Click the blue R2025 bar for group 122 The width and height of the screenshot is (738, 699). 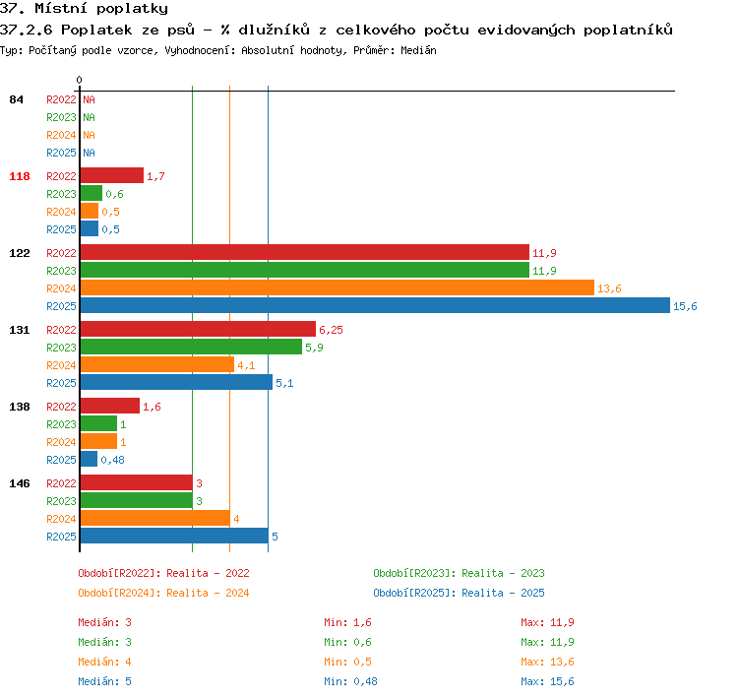[375, 305]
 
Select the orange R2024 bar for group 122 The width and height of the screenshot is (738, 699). [338, 287]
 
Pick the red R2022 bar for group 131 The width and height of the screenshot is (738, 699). [198, 329]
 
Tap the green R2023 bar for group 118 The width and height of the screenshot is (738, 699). [92, 193]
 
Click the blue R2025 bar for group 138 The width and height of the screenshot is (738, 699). [89, 459]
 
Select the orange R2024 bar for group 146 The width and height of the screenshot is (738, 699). [155, 518]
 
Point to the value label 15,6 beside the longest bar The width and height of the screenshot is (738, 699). [685, 306]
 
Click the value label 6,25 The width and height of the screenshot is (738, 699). [331, 330]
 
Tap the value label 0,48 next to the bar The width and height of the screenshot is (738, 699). [112, 460]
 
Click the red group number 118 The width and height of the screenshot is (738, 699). [20, 176]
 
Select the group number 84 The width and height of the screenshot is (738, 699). [16, 99]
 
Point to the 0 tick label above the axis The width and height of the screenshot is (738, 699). [79, 80]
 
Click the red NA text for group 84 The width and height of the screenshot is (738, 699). [89, 99]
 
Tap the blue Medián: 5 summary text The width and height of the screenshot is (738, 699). [105, 681]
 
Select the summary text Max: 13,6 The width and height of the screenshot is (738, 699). [547, 662]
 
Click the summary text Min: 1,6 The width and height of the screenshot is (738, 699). [347, 622]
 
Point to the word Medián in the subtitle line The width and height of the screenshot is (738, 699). [418, 50]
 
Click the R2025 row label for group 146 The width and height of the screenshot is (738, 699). [61, 537]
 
